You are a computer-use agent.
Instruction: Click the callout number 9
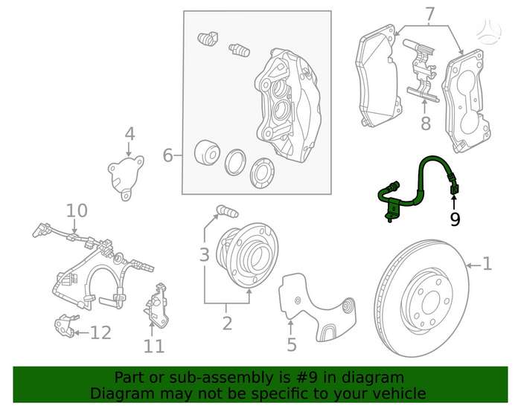[455, 219]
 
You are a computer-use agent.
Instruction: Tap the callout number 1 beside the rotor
[487, 264]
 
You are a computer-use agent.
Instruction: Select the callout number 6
[167, 155]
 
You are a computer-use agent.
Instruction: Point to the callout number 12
[100, 332]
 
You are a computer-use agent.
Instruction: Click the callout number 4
[130, 134]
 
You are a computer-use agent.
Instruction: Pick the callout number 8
[426, 123]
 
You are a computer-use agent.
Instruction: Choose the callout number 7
[430, 14]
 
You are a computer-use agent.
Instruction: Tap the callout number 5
[292, 344]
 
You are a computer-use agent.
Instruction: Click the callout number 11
[154, 347]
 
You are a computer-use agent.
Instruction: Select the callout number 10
[77, 210]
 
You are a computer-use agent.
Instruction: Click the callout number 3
[205, 254]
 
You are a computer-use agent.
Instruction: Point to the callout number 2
[227, 323]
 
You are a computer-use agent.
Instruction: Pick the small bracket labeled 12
[64, 325]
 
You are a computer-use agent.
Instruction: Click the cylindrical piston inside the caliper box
[206, 152]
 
